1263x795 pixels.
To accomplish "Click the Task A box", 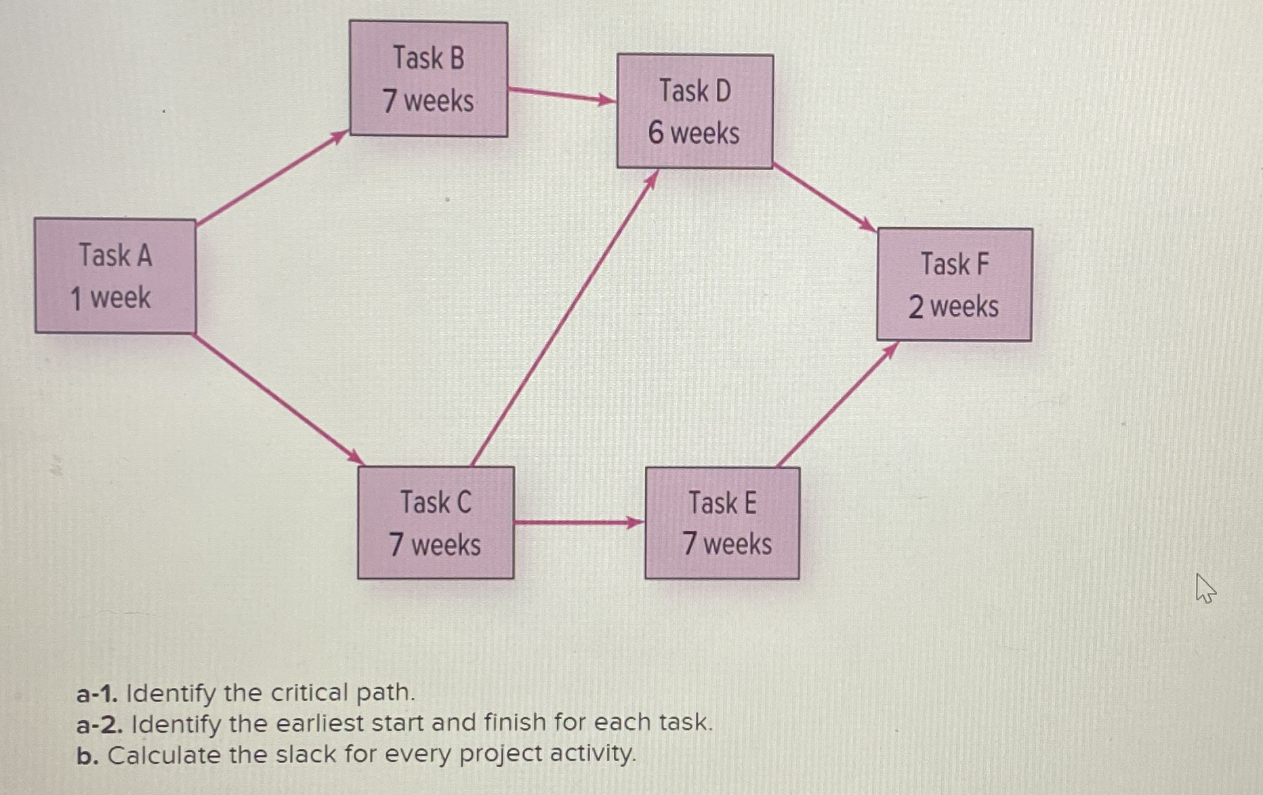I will [x=115, y=276].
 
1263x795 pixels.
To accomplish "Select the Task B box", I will [x=428, y=79].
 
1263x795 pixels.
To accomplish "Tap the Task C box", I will [x=436, y=523].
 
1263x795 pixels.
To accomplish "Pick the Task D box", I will [x=695, y=111].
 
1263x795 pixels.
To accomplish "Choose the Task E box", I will [x=722, y=523].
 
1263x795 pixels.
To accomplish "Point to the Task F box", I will [x=954, y=285].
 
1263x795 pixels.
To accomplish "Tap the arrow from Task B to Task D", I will [x=562, y=95].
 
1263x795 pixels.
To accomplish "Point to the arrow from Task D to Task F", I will [x=825, y=198].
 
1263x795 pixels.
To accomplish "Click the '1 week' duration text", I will [x=110, y=298].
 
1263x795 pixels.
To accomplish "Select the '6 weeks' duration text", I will [x=694, y=133].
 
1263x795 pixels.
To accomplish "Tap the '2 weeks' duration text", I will [x=953, y=307].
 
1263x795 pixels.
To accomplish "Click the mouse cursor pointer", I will [x=1205, y=588].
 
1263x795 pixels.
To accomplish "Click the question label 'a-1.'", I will [x=98, y=693].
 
